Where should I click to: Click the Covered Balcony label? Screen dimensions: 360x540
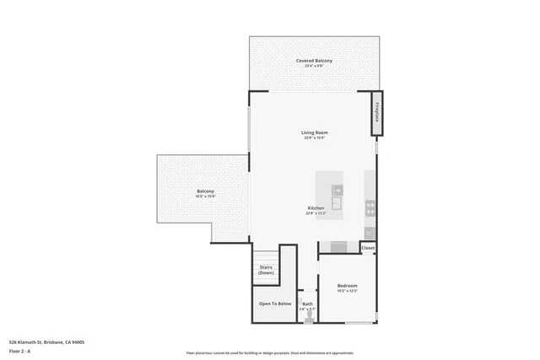coord(314,61)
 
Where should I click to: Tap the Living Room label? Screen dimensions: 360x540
coord(315,133)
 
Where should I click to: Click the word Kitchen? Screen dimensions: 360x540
coord(316,207)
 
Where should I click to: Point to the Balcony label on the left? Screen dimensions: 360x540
coord(206,191)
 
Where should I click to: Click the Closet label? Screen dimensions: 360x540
coord(368,249)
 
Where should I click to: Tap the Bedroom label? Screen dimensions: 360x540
coord(348,286)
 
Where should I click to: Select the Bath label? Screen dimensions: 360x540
coord(308,304)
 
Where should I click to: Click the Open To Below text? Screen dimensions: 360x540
coord(275,304)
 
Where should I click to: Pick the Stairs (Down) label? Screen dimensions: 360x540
coord(266,270)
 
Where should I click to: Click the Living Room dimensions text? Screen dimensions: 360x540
coord(315,139)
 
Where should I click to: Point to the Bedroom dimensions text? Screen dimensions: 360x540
coord(348,291)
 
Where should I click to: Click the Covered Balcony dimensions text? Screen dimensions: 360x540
coord(314,66)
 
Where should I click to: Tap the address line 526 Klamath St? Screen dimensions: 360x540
coord(46,342)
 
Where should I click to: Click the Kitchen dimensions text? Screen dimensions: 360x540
coord(316,213)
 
